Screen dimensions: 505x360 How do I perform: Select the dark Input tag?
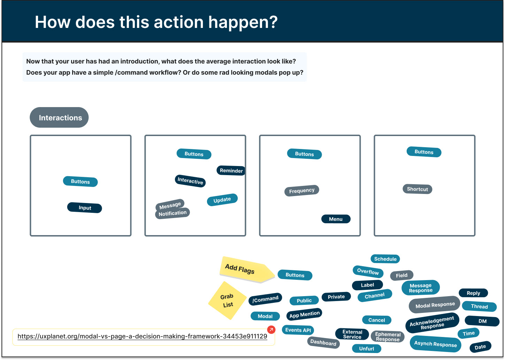pos(85,208)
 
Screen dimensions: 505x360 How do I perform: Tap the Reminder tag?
pos(231,171)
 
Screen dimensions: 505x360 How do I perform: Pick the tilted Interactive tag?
pos(190,181)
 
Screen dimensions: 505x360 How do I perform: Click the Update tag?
pos(222,200)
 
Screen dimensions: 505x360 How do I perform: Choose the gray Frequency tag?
pos(302,190)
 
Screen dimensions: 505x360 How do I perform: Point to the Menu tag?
pos(336,219)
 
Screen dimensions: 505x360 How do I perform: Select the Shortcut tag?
pos(417,189)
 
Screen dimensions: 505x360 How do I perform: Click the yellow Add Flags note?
pos(244,269)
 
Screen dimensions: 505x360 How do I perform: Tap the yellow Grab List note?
pos(227,300)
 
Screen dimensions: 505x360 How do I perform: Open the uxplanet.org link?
pos(142,337)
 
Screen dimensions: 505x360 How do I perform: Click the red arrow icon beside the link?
pos(271,329)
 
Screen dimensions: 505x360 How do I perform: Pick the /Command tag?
pos(265,299)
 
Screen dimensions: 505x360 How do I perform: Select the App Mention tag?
pos(304,314)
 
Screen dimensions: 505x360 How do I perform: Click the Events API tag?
pos(298,330)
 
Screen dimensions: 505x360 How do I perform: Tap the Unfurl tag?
pos(366,348)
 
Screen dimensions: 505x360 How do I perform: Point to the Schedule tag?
pos(385,259)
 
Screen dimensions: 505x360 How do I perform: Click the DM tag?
pos(482,321)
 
